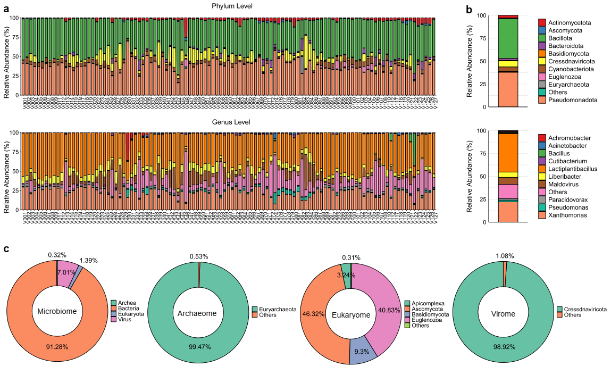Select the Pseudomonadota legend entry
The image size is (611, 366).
tap(568, 100)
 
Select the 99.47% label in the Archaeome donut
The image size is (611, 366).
tap(199, 347)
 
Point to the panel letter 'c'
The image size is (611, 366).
tap(6, 248)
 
